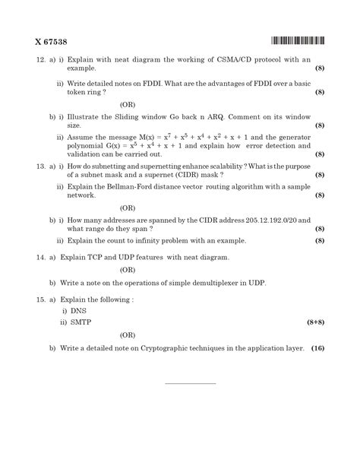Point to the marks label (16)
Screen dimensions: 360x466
[x=317, y=347]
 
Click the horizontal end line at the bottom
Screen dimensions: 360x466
[x=190, y=382]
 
